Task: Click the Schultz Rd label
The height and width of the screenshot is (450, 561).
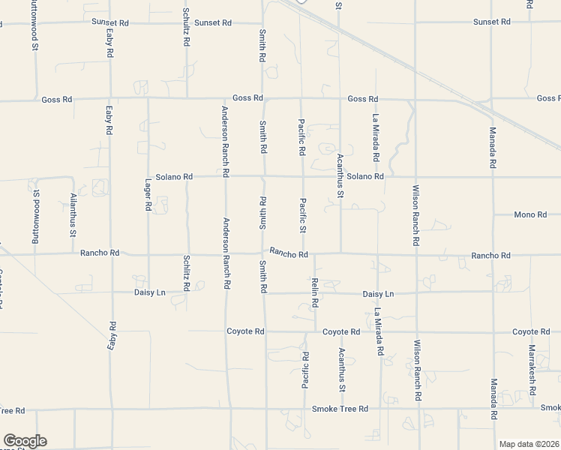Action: tap(185, 27)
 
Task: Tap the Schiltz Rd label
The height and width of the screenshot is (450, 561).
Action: tap(186, 272)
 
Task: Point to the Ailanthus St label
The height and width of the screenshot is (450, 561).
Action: tap(73, 215)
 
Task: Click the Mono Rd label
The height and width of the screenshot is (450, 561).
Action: tap(530, 215)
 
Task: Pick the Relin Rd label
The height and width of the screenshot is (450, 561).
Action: tap(315, 292)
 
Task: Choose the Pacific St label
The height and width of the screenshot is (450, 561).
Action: tap(303, 215)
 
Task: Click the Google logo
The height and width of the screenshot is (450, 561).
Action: tap(25, 441)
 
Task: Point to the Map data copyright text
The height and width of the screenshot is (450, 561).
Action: tap(529, 444)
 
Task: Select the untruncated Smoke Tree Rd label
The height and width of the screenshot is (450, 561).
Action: tap(340, 409)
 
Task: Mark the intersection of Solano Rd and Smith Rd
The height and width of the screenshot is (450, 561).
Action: tap(262, 177)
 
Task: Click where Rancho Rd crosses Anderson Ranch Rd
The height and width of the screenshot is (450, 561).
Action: tap(226, 253)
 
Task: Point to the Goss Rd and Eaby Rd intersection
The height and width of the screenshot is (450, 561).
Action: tap(109, 98)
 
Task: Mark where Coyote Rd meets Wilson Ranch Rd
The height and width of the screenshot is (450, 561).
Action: tap(416, 331)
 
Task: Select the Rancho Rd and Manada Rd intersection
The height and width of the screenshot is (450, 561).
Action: tap(493, 256)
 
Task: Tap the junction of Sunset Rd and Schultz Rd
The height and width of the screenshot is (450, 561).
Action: tap(185, 22)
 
